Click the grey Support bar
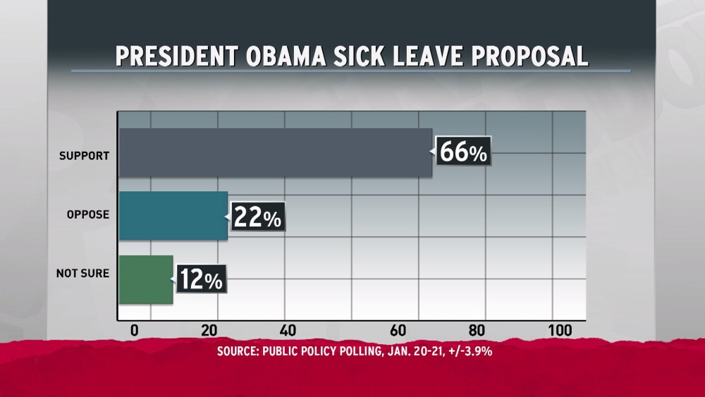[x=275, y=152]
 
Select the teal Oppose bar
[x=173, y=215]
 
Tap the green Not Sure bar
[x=145, y=279]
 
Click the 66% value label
[x=463, y=152]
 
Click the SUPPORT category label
[x=84, y=155]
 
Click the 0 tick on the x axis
[x=135, y=330]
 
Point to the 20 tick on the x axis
[x=209, y=330]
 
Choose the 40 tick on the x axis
[x=287, y=330]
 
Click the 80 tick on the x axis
[x=477, y=330]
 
